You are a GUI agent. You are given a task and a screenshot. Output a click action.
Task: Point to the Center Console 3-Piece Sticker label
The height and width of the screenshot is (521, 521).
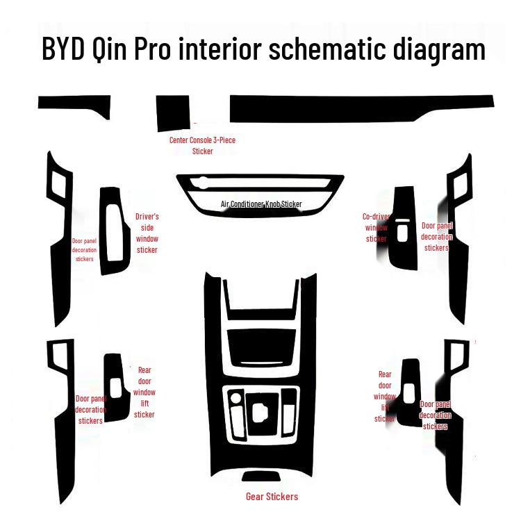[x=202, y=145]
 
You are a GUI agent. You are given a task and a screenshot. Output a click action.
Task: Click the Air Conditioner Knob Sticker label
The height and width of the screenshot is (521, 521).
[x=261, y=204]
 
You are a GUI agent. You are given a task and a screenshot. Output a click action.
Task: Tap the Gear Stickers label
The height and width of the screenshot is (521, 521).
[x=272, y=497]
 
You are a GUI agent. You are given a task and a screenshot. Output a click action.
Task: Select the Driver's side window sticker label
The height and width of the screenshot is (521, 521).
[x=147, y=233]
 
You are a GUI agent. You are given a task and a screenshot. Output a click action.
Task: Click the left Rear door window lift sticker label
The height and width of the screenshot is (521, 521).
[x=144, y=392]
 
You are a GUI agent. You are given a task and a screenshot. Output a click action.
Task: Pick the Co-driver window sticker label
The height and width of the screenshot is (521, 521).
[x=377, y=228]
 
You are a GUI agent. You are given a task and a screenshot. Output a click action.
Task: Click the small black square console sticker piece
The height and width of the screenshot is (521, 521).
[x=173, y=113]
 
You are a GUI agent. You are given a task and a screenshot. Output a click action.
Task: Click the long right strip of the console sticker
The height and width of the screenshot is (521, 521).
[x=361, y=109]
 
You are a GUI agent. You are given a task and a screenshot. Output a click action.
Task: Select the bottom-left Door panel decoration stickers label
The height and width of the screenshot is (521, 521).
[x=90, y=410]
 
